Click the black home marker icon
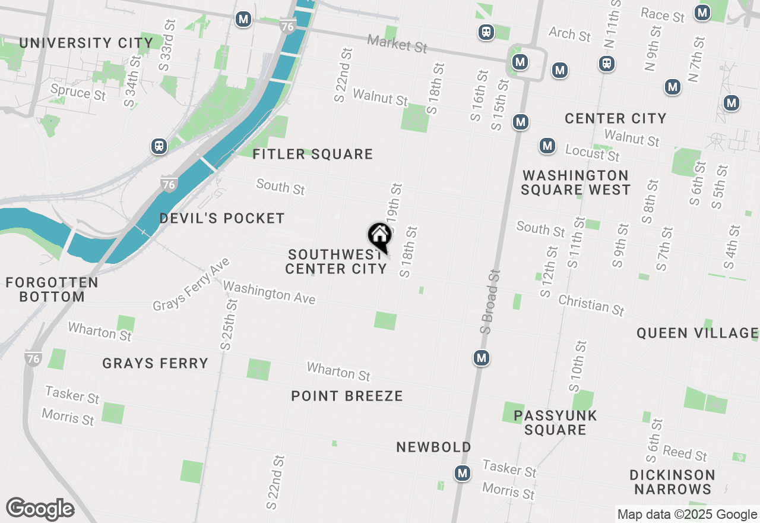click(x=379, y=236)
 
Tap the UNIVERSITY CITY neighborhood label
click(x=86, y=43)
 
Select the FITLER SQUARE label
click(x=312, y=155)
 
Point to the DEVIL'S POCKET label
click(x=222, y=219)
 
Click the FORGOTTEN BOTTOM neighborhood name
click(x=52, y=289)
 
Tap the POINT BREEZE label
click(x=347, y=396)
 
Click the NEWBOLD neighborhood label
click(x=433, y=447)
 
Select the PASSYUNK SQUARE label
click(x=555, y=423)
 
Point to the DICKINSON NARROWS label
click(x=672, y=482)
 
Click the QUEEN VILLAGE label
click(x=697, y=333)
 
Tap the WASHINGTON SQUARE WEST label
click(x=575, y=182)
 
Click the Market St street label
click(x=397, y=43)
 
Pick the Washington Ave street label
click(x=269, y=292)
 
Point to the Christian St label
click(x=591, y=305)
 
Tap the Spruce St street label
click(x=78, y=92)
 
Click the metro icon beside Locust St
click(x=547, y=146)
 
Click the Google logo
click(x=40, y=509)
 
